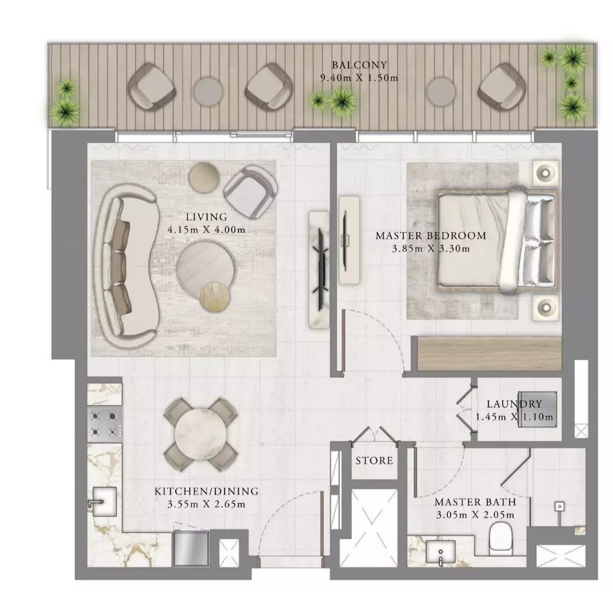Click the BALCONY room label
(359, 65)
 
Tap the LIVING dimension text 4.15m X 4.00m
(206, 230)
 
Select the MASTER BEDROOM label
(431, 235)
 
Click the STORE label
(374, 460)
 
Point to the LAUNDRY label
(514, 404)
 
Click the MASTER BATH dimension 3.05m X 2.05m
(475, 515)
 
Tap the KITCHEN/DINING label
(206, 491)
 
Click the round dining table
(201, 433)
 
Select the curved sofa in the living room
(126, 266)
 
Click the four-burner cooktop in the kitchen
(105, 424)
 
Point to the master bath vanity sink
(441, 552)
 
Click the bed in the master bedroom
(496, 241)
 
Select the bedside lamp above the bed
(546, 172)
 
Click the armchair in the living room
(250, 192)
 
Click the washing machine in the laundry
(537, 409)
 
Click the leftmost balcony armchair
(151, 88)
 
